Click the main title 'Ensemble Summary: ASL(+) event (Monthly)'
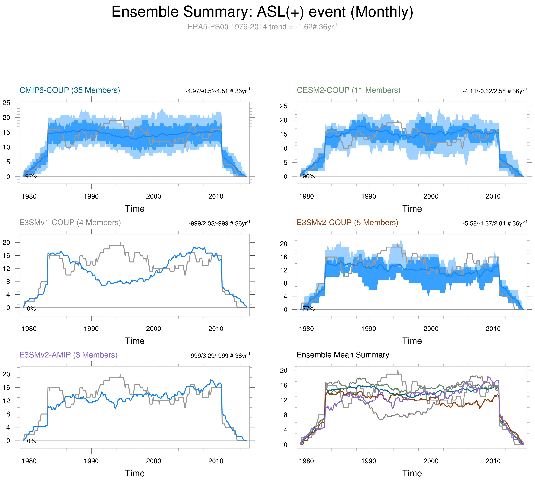pos(262,12)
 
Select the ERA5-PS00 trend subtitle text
pos(262,27)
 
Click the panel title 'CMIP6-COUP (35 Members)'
pos(70,90)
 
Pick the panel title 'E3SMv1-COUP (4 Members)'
pos(70,223)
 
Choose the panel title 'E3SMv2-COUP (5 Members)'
pos(347,223)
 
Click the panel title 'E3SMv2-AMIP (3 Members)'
pos(68,355)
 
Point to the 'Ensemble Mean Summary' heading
pos(343,355)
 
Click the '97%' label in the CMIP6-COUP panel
pos(31,176)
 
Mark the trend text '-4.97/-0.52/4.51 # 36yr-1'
pos(217,91)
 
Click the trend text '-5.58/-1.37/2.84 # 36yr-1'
pos(495,223)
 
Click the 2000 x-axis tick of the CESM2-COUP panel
pos(431,196)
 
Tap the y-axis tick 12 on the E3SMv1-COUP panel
pos(6,268)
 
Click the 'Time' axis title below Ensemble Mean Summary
pos(412,473)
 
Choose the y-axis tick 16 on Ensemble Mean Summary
pos(284,385)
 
